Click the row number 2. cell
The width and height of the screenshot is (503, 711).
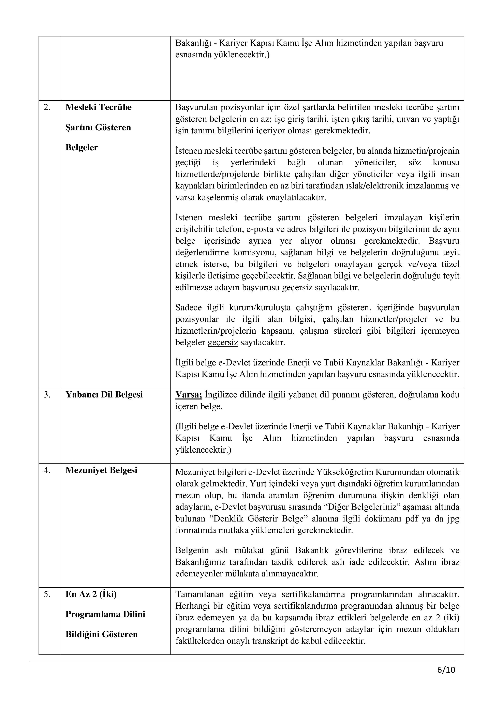pyautogui.click(x=47, y=107)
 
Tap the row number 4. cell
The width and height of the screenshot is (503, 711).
pyautogui.click(x=47, y=470)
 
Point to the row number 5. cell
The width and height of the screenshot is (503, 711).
pyautogui.click(x=47, y=595)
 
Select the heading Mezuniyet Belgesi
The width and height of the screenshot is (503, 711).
pyautogui.click(x=101, y=470)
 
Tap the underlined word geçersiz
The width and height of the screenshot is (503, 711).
pyautogui.click(x=223, y=343)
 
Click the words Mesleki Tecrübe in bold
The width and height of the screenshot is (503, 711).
pyautogui.click(x=99, y=107)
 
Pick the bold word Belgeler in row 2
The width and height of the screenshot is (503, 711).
pyautogui.click(x=82, y=148)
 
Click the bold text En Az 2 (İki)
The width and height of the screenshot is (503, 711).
pyautogui.click(x=91, y=595)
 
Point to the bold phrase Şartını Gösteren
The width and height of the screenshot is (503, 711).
pyautogui.click(x=98, y=127)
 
